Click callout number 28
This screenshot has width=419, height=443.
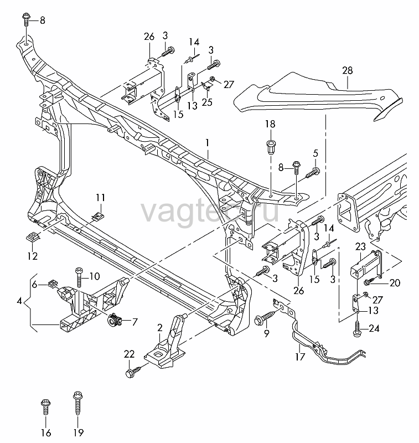point(348,70)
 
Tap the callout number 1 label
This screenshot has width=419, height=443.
point(208,143)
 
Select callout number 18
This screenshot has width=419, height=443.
point(270,123)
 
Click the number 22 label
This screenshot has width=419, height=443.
point(130,354)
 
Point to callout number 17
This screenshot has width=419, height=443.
point(301,357)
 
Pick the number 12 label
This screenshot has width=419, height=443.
point(33,256)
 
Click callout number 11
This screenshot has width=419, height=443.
point(100,198)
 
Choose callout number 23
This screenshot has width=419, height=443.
point(360,246)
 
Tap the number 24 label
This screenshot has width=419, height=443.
point(374,328)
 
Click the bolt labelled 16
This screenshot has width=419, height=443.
point(45,408)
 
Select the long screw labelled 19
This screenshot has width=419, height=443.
point(77,403)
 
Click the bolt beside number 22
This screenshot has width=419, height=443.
point(136,370)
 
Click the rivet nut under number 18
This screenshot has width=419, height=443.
point(271,147)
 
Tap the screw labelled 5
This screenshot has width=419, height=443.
point(313,173)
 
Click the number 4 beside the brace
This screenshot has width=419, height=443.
point(19,301)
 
